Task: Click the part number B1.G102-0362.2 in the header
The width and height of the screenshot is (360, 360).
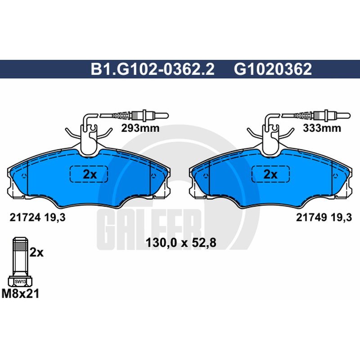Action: [x=153, y=69]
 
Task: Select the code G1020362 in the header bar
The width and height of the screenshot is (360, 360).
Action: [x=273, y=69]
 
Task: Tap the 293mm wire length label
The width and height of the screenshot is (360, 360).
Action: [x=140, y=128]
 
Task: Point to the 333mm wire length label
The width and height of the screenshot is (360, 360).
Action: [x=322, y=128]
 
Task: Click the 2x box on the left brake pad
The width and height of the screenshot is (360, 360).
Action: [x=89, y=174]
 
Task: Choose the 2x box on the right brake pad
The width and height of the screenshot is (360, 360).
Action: [x=270, y=174]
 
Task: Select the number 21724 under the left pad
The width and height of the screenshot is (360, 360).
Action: [x=25, y=217]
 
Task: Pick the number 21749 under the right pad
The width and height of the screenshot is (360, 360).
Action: [x=311, y=217]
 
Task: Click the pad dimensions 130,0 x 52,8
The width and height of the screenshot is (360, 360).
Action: [x=181, y=243]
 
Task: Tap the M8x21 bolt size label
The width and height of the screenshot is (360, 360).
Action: [x=20, y=294]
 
